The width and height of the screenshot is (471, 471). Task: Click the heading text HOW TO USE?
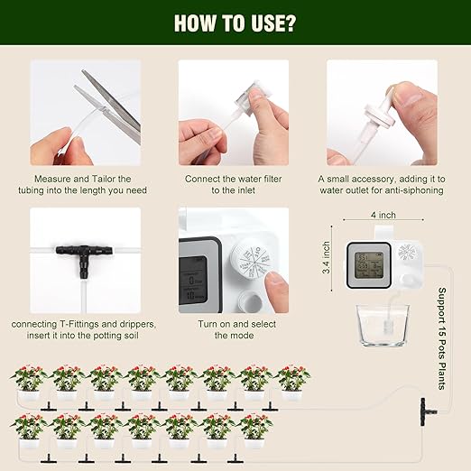[235, 22]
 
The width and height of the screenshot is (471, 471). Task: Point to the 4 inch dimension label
[382, 216]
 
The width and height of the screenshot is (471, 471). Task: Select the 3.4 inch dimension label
[327, 257]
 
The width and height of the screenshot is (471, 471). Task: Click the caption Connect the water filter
[233, 179]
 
